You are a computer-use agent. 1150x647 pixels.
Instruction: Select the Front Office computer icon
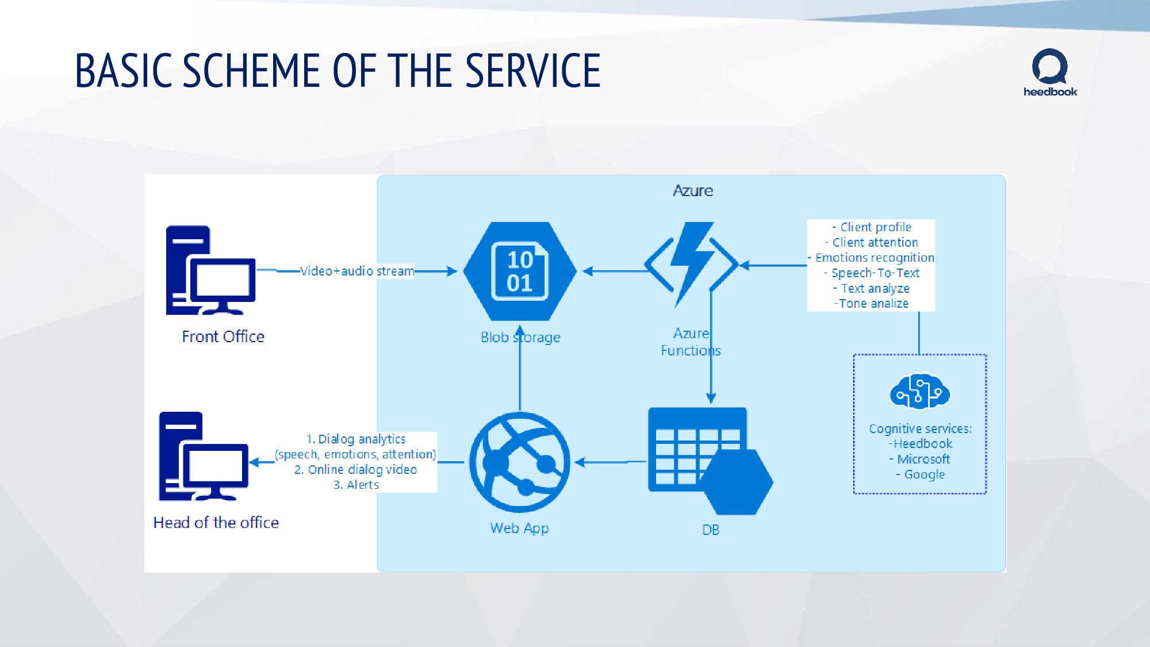coord(210,270)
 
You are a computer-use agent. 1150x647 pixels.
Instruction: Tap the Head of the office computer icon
coord(203,457)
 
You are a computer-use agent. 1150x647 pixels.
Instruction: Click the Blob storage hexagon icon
coord(520,271)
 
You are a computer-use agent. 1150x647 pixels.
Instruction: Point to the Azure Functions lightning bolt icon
coord(691,265)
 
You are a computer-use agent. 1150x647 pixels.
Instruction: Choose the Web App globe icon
coord(520,462)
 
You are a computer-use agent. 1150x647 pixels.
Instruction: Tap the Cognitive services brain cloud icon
coord(919,392)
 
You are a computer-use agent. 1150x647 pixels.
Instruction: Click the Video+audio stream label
coord(356,271)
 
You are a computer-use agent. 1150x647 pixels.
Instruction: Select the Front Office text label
coord(223,336)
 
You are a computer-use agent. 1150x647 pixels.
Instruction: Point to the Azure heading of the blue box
coord(693,191)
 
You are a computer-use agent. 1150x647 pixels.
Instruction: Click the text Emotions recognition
coord(874,258)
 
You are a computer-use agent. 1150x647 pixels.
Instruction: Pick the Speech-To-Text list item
coord(875,273)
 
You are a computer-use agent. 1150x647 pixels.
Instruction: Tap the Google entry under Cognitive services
coord(924,474)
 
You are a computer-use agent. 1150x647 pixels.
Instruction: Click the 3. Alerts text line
coord(356,485)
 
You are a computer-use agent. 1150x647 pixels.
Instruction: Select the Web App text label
coord(519,528)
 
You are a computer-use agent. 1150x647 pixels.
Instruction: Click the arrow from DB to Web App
coord(609,462)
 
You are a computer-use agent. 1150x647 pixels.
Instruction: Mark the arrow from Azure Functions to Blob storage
coord(613,271)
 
